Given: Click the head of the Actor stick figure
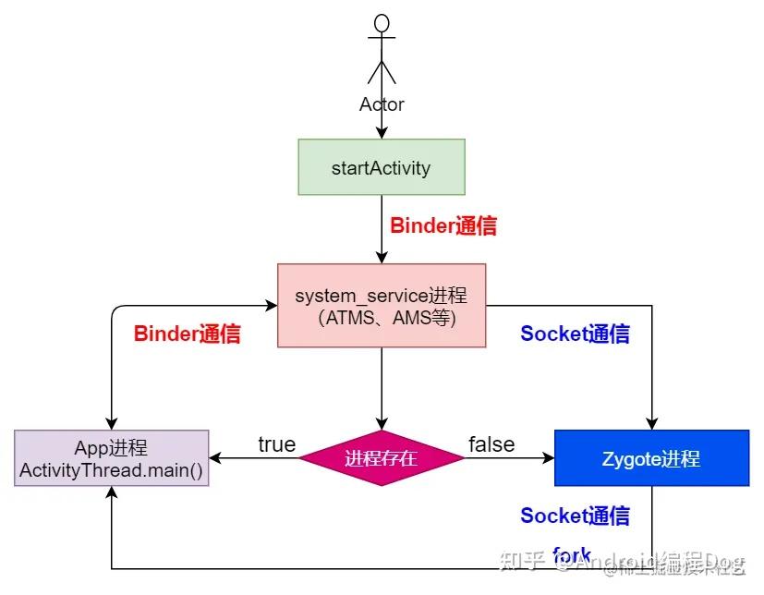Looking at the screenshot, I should [x=382, y=23].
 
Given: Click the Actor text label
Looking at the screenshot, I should [x=382, y=104].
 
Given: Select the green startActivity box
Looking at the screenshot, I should [x=382, y=167].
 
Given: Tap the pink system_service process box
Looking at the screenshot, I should [x=382, y=306].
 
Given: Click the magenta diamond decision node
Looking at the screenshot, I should [x=382, y=458].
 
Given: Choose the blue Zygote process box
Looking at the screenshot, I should [x=651, y=458].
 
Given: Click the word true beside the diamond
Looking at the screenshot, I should [x=276, y=444].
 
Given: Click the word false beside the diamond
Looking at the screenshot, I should [x=491, y=444].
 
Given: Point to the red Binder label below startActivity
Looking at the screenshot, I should [x=443, y=225].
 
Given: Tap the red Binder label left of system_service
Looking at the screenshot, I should [x=188, y=334].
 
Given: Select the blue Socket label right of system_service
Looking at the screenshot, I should [x=575, y=334].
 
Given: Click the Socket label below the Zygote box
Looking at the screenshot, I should [x=575, y=516].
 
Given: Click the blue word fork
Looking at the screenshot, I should [x=571, y=555].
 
